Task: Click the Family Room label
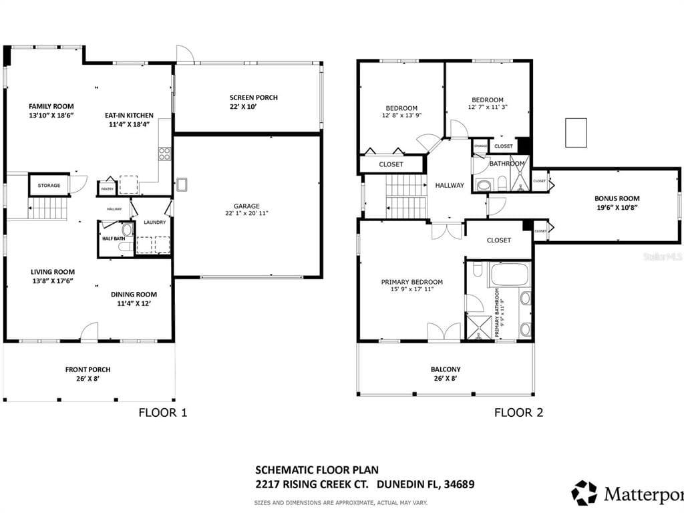(x=51, y=106)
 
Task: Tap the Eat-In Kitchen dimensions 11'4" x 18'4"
(x=129, y=124)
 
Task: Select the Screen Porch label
(x=253, y=98)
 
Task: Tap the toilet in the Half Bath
(x=127, y=230)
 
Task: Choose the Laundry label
(x=154, y=222)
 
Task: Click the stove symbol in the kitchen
(x=164, y=154)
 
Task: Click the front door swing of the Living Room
(x=90, y=332)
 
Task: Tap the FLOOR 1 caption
(x=162, y=413)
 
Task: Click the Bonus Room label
(x=617, y=198)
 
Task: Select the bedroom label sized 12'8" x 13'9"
(x=401, y=108)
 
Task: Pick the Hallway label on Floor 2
(x=449, y=185)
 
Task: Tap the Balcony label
(x=445, y=369)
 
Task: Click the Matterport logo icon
(x=584, y=493)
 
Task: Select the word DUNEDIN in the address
(x=399, y=484)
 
